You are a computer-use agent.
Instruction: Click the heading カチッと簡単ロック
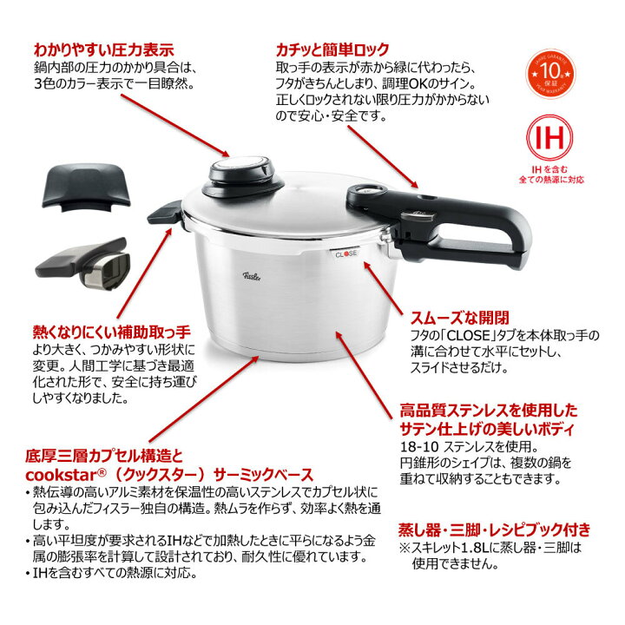pos(332,49)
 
